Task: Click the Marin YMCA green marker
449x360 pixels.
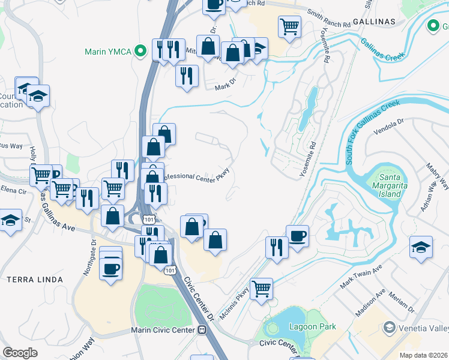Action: pos(142,51)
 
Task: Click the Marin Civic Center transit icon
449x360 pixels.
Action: pos(202,329)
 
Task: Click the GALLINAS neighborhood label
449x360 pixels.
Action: pos(375,21)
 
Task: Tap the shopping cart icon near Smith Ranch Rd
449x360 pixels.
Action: pos(289,26)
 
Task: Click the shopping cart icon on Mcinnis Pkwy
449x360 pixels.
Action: pos(261,289)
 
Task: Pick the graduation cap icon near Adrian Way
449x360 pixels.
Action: pos(421,247)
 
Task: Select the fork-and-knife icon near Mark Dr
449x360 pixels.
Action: pos(187,76)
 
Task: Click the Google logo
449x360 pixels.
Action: pos(20,353)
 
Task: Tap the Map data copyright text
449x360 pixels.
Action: pos(424,355)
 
